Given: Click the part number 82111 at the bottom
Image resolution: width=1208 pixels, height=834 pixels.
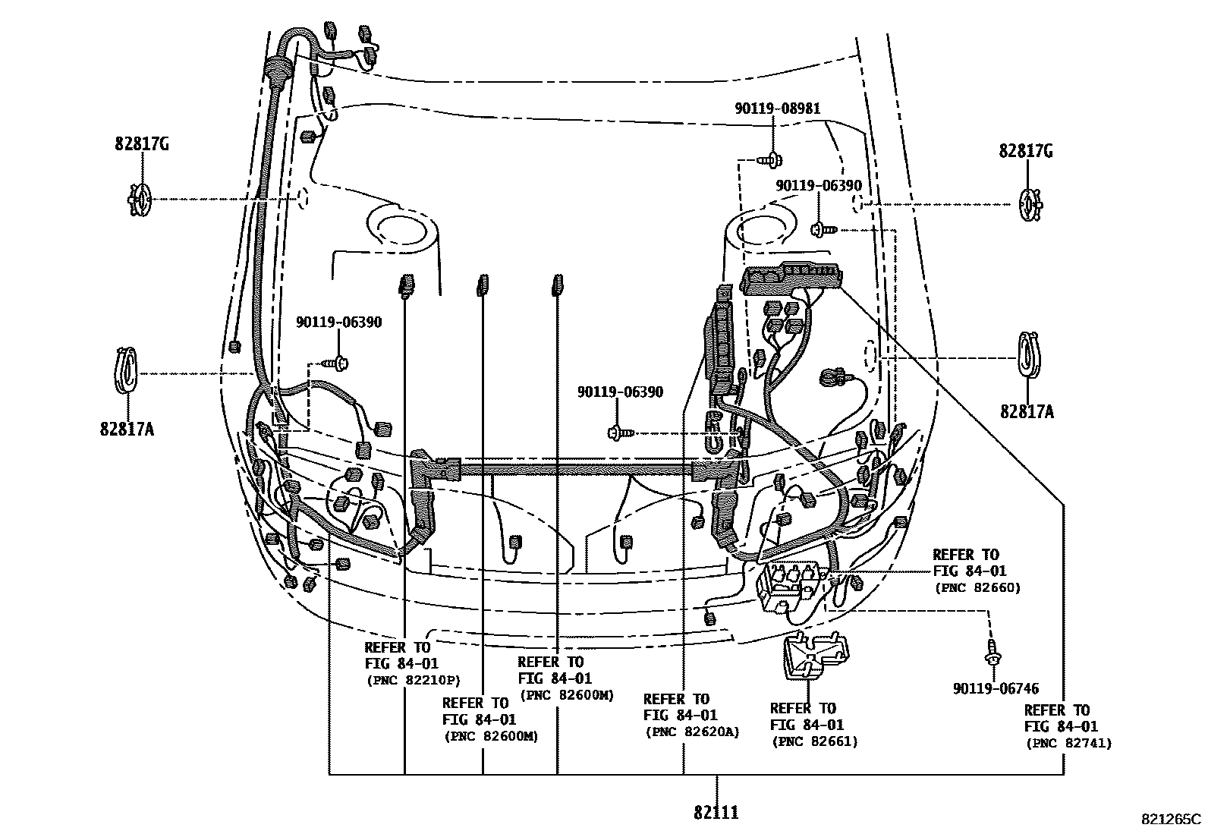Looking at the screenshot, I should coord(716,813).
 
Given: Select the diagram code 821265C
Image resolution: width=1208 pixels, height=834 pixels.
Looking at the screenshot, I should coord(1172,820).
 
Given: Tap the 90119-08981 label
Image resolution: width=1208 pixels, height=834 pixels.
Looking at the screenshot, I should coord(777,109).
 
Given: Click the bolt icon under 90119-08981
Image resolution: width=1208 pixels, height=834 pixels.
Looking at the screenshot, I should coord(771,159).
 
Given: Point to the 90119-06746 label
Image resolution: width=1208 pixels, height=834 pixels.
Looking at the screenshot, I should coord(996,689).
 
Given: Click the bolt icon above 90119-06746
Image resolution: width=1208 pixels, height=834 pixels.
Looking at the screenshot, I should coord(992,652).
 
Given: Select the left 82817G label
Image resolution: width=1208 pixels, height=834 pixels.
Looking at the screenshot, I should coord(142,143).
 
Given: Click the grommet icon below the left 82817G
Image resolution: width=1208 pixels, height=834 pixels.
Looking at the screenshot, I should coord(140,199).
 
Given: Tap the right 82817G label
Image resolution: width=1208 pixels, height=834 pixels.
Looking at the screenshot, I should coord(1026,151).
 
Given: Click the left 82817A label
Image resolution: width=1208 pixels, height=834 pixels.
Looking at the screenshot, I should coord(127,430).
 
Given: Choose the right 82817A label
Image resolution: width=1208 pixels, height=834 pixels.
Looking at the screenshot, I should coord(1027,412).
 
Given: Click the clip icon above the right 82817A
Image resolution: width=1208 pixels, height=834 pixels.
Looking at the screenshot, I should coord(1029,354).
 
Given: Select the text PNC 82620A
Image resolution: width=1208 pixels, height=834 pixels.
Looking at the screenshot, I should coord(692,732).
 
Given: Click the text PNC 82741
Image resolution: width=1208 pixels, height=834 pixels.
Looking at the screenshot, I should coord(1068,744).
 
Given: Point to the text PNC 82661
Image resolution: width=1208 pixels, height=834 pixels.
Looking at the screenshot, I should coord(814,741).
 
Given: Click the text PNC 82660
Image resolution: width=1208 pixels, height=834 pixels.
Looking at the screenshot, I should coord(977,587).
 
